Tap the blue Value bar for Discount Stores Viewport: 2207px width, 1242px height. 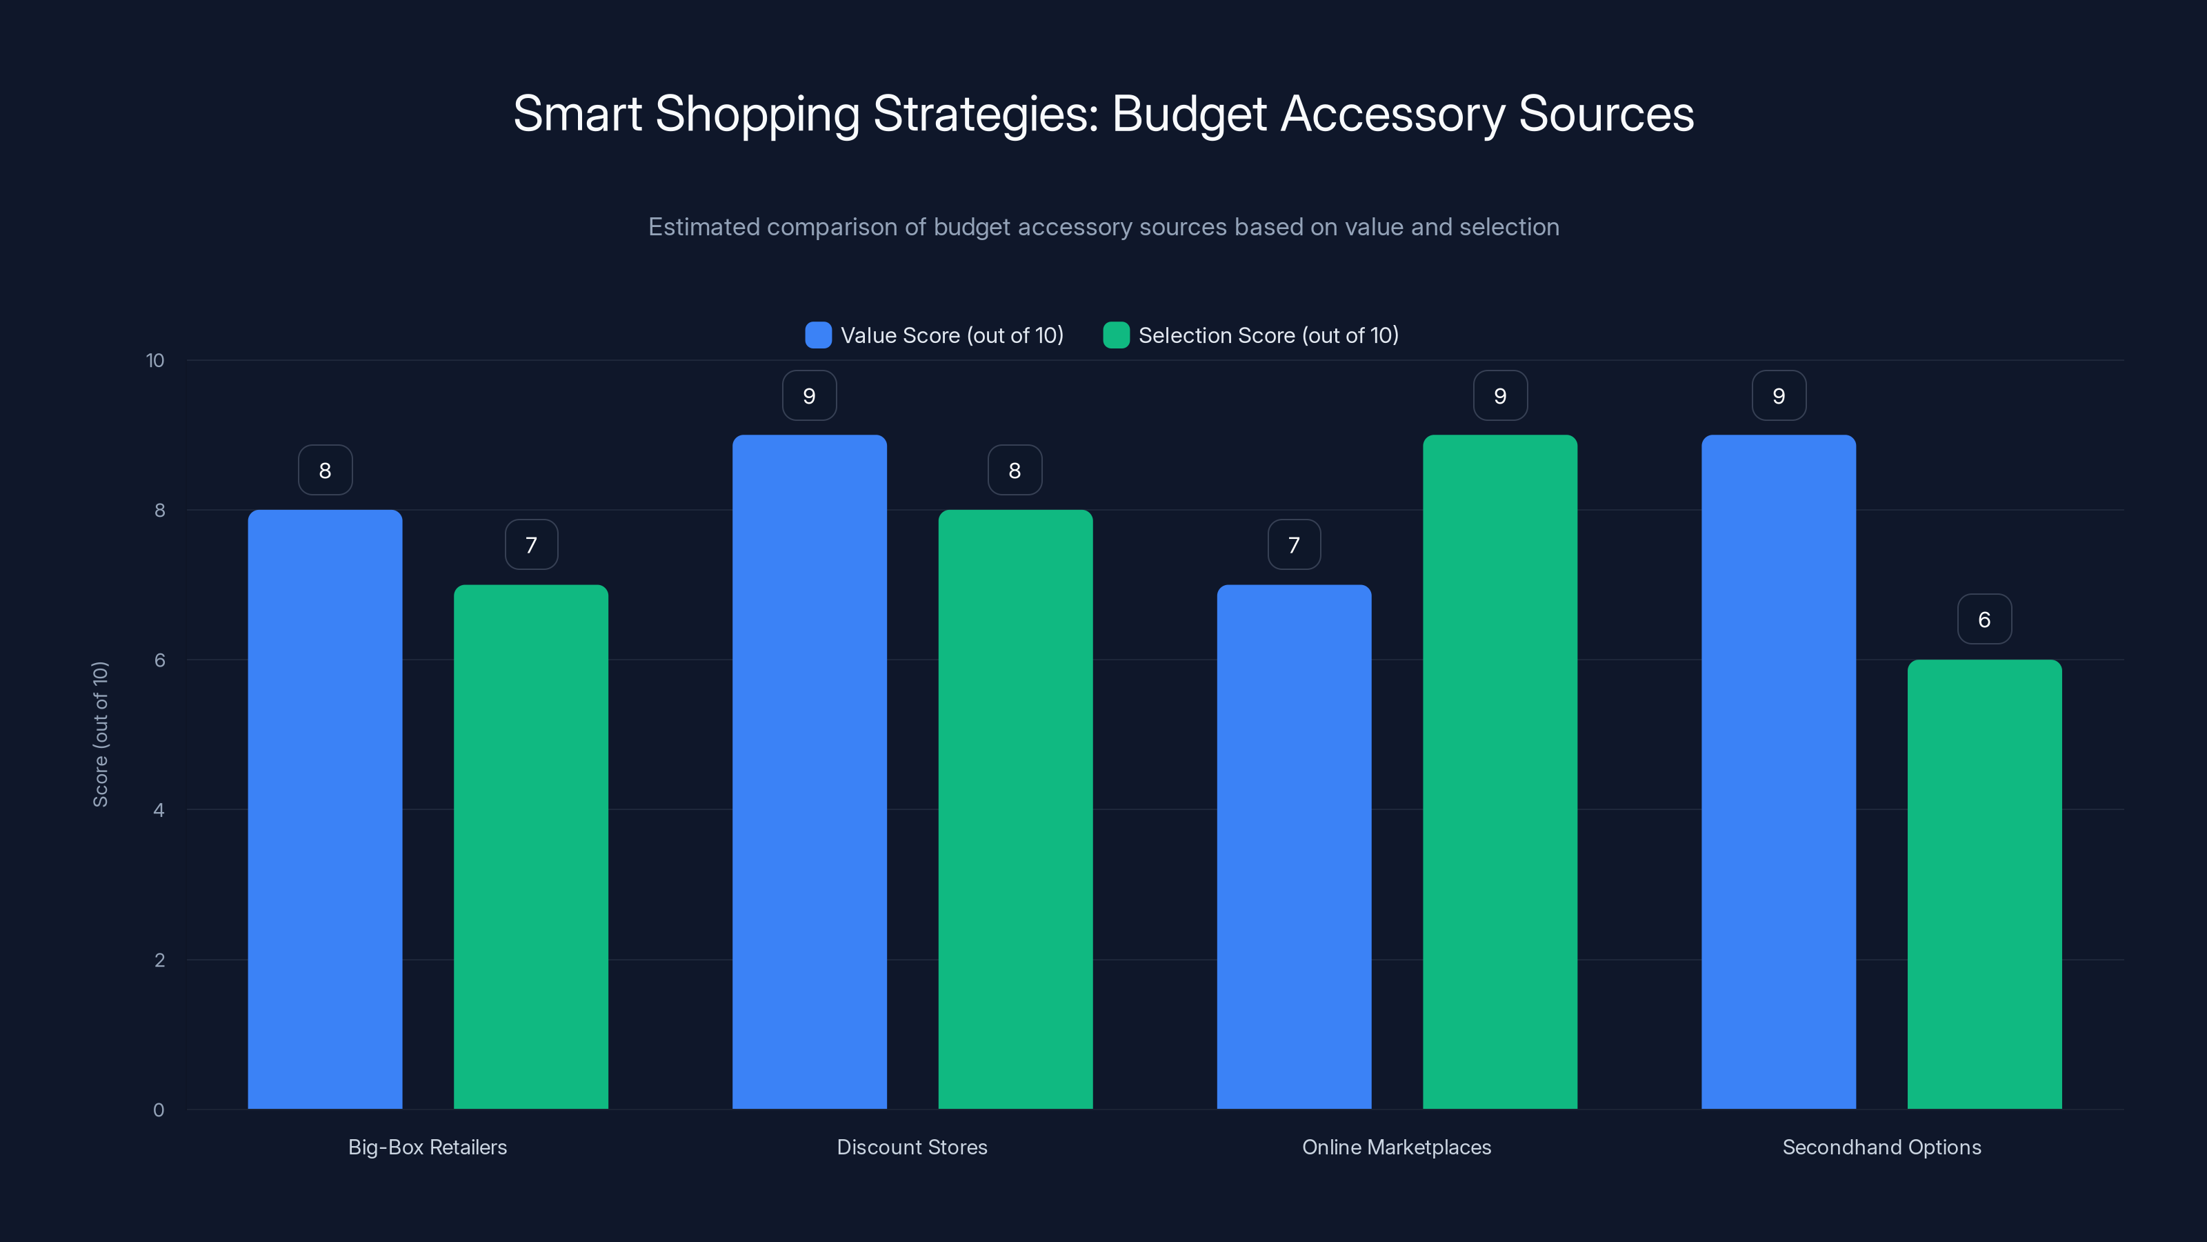point(809,771)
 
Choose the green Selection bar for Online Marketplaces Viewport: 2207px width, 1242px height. point(1499,771)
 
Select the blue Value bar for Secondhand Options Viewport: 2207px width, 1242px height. point(1779,771)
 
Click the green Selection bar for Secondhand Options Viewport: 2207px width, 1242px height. point(1984,884)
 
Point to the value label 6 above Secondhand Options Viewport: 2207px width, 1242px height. point(1984,619)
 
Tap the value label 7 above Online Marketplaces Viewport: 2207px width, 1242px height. point(1294,544)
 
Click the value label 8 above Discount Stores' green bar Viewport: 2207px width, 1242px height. point(1015,470)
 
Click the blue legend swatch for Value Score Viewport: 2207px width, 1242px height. point(818,335)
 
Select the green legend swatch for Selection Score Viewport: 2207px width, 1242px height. point(1115,335)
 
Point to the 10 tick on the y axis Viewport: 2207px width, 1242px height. point(155,360)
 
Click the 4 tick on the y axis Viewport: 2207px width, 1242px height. point(159,810)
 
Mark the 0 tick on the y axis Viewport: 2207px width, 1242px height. point(159,1110)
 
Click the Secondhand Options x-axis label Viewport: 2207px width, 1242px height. point(1881,1147)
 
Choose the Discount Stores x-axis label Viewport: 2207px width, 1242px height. point(912,1147)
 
